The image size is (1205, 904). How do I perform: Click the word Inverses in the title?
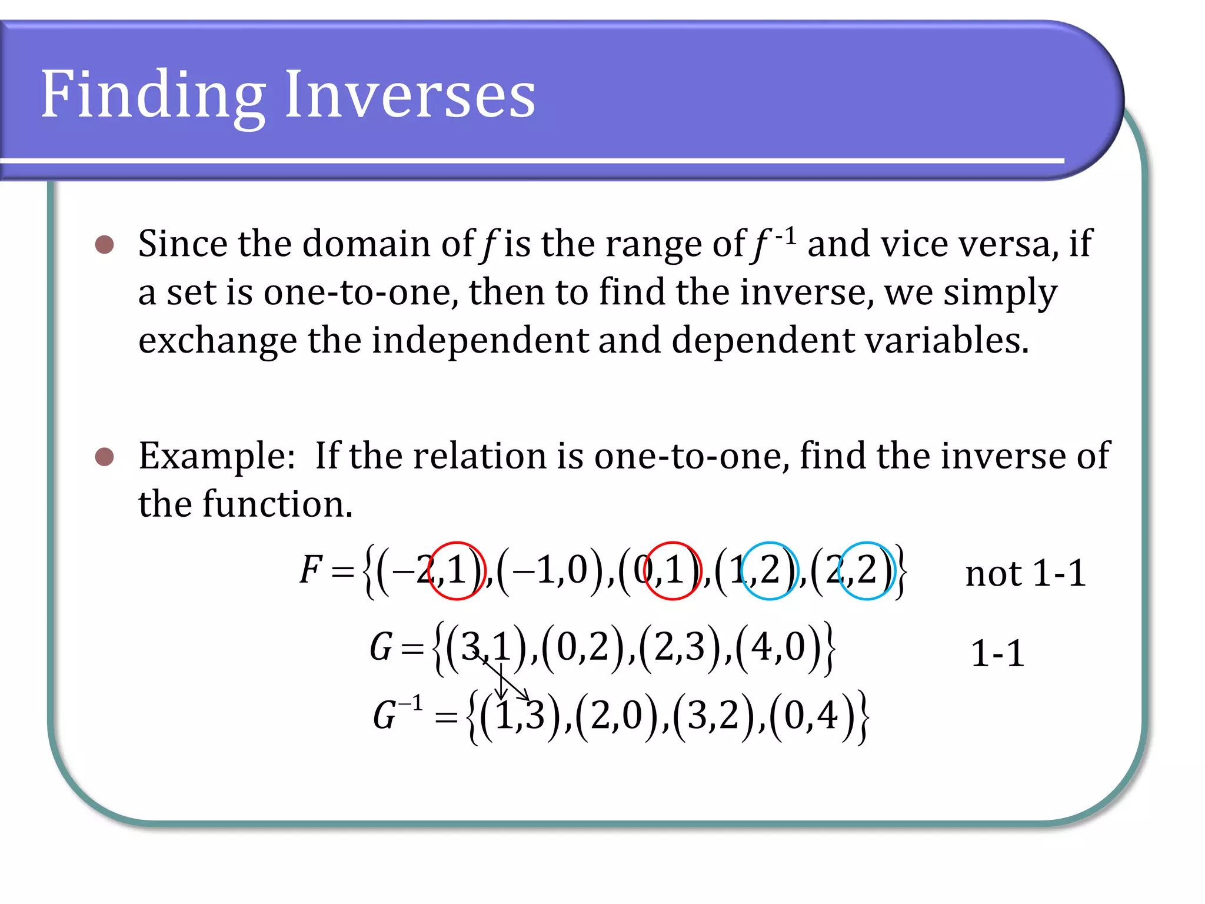(x=410, y=94)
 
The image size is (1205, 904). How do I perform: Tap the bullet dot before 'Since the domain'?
(x=104, y=244)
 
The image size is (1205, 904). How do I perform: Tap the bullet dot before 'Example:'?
(x=104, y=457)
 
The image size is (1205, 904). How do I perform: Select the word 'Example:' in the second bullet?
(x=217, y=457)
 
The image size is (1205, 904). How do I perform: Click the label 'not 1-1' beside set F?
(x=1025, y=574)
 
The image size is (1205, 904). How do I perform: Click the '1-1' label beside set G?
(x=997, y=654)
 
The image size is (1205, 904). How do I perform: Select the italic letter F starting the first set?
(x=310, y=570)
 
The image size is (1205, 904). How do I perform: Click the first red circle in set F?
(x=457, y=570)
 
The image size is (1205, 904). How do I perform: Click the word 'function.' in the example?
(x=277, y=505)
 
